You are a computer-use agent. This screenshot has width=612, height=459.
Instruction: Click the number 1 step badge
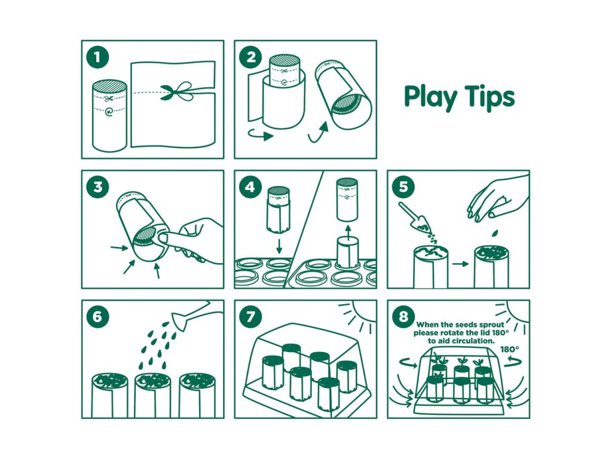click(97, 58)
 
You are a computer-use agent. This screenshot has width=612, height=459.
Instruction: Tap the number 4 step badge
click(250, 187)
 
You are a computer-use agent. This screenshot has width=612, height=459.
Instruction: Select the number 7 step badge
click(250, 317)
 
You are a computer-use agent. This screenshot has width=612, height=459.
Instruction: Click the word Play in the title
click(430, 97)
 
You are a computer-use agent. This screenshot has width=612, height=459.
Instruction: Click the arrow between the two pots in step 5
click(461, 264)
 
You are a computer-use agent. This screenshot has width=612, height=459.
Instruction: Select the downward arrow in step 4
click(279, 246)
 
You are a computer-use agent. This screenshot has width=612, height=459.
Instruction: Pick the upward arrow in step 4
click(347, 231)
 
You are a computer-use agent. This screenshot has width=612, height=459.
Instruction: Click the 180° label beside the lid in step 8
click(509, 349)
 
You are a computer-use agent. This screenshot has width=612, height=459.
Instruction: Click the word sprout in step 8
click(491, 325)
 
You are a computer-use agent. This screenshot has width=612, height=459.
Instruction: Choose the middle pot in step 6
click(152, 395)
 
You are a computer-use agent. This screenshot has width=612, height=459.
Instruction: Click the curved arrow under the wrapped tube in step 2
click(261, 134)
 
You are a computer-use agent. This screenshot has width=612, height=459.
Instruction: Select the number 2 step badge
click(250, 58)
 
